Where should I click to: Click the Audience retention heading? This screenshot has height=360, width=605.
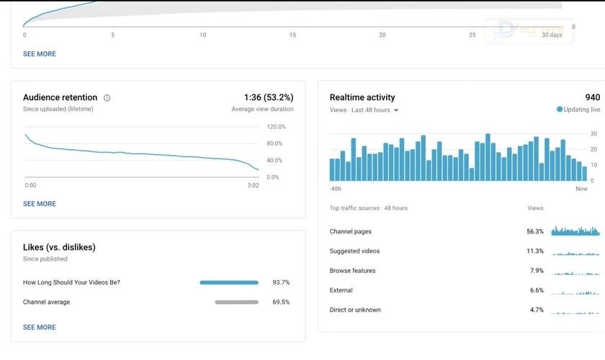60,97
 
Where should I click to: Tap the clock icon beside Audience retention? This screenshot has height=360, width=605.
107,98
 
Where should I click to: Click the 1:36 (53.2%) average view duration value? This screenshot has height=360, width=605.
269,97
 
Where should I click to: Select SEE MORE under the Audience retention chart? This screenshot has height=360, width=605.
40,204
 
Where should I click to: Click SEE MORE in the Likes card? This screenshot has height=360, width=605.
40,327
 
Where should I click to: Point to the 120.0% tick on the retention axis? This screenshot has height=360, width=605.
276,127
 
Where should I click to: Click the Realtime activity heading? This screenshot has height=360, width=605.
362,97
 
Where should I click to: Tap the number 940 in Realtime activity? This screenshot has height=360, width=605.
592,97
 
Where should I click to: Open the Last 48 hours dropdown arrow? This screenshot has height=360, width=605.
396,110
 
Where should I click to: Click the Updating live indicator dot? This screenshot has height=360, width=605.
560,109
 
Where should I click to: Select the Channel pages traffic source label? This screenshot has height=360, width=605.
351,232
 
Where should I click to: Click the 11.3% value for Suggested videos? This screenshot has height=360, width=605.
534,251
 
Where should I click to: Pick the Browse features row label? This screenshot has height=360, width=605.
352,271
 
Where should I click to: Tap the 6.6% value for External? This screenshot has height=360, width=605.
537,290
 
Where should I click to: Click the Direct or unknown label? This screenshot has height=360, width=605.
355,310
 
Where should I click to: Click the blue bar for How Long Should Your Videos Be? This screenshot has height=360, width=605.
228,282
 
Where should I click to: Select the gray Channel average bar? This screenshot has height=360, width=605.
236,302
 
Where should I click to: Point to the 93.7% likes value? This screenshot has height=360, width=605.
281,282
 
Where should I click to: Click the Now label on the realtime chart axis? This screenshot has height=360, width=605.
581,189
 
